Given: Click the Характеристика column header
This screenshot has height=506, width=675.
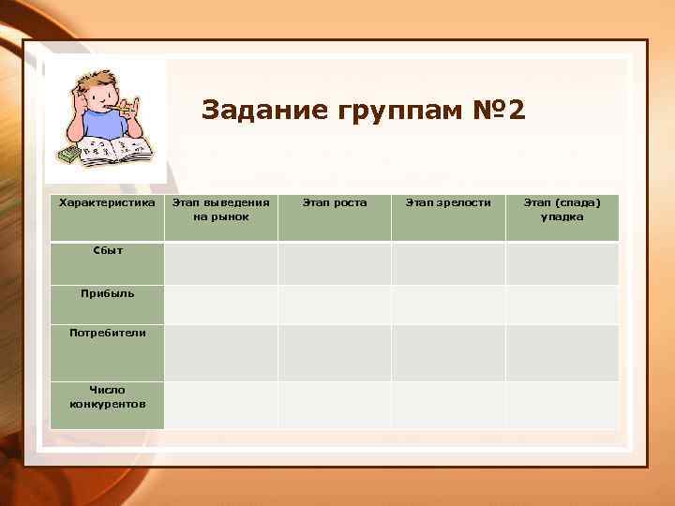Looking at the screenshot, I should pyautogui.click(x=107, y=202).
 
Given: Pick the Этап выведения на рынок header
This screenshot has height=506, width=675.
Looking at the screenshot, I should pyautogui.click(x=221, y=209).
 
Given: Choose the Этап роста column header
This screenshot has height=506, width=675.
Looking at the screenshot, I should pyautogui.click(x=335, y=202).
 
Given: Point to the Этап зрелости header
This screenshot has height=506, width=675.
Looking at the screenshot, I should pyautogui.click(x=448, y=202).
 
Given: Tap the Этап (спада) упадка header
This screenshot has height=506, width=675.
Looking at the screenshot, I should pyautogui.click(x=562, y=209).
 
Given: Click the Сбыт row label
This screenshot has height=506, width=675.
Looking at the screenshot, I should pyautogui.click(x=107, y=250).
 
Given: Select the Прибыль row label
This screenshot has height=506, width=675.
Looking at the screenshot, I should pyautogui.click(x=107, y=292).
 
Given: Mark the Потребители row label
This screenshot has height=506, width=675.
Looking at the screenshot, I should pyautogui.click(x=107, y=332).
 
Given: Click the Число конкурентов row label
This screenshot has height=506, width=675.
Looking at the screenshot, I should pyautogui.click(x=107, y=396).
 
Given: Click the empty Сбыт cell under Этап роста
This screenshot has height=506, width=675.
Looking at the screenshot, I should pyautogui.click(x=335, y=263).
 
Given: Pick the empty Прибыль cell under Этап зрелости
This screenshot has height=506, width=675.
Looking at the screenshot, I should pyautogui.click(x=448, y=305).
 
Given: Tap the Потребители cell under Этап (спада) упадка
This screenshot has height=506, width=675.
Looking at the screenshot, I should pyautogui.click(x=562, y=352).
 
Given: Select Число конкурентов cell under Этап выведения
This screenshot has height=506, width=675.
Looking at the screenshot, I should pyautogui.click(x=221, y=405).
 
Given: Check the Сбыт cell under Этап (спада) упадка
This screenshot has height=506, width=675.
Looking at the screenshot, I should pyautogui.click(x=562, y=263).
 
